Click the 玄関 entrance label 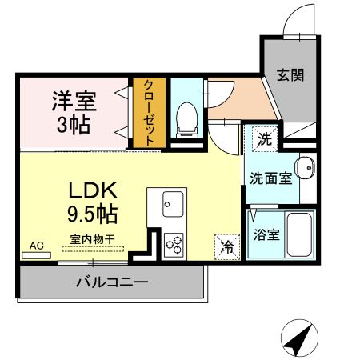(290, 76)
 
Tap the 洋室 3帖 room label (74, 112)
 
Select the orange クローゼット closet (150, 112)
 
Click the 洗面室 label (269, 177)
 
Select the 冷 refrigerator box (227, 246)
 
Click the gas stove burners (174, 244)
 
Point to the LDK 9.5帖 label (93, 202)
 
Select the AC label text (37, 245)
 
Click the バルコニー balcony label (112, 282)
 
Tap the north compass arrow (298, 341)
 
